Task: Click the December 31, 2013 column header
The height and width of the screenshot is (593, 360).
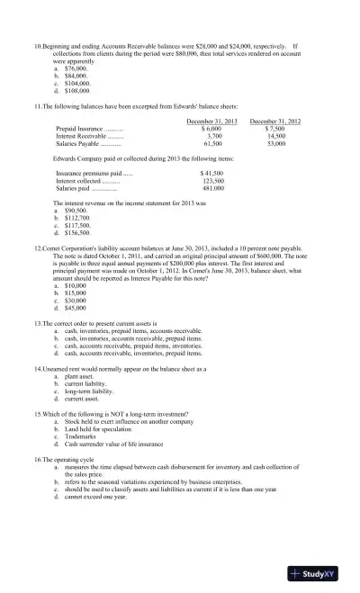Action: coord(211,121)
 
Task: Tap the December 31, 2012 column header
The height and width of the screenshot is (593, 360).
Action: coord(274,121)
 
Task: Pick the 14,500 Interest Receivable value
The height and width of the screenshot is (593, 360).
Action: coord(276,136)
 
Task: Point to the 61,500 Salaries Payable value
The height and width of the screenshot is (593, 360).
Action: coord(213,143)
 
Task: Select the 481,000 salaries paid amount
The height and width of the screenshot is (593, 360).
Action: coord(213,187)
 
